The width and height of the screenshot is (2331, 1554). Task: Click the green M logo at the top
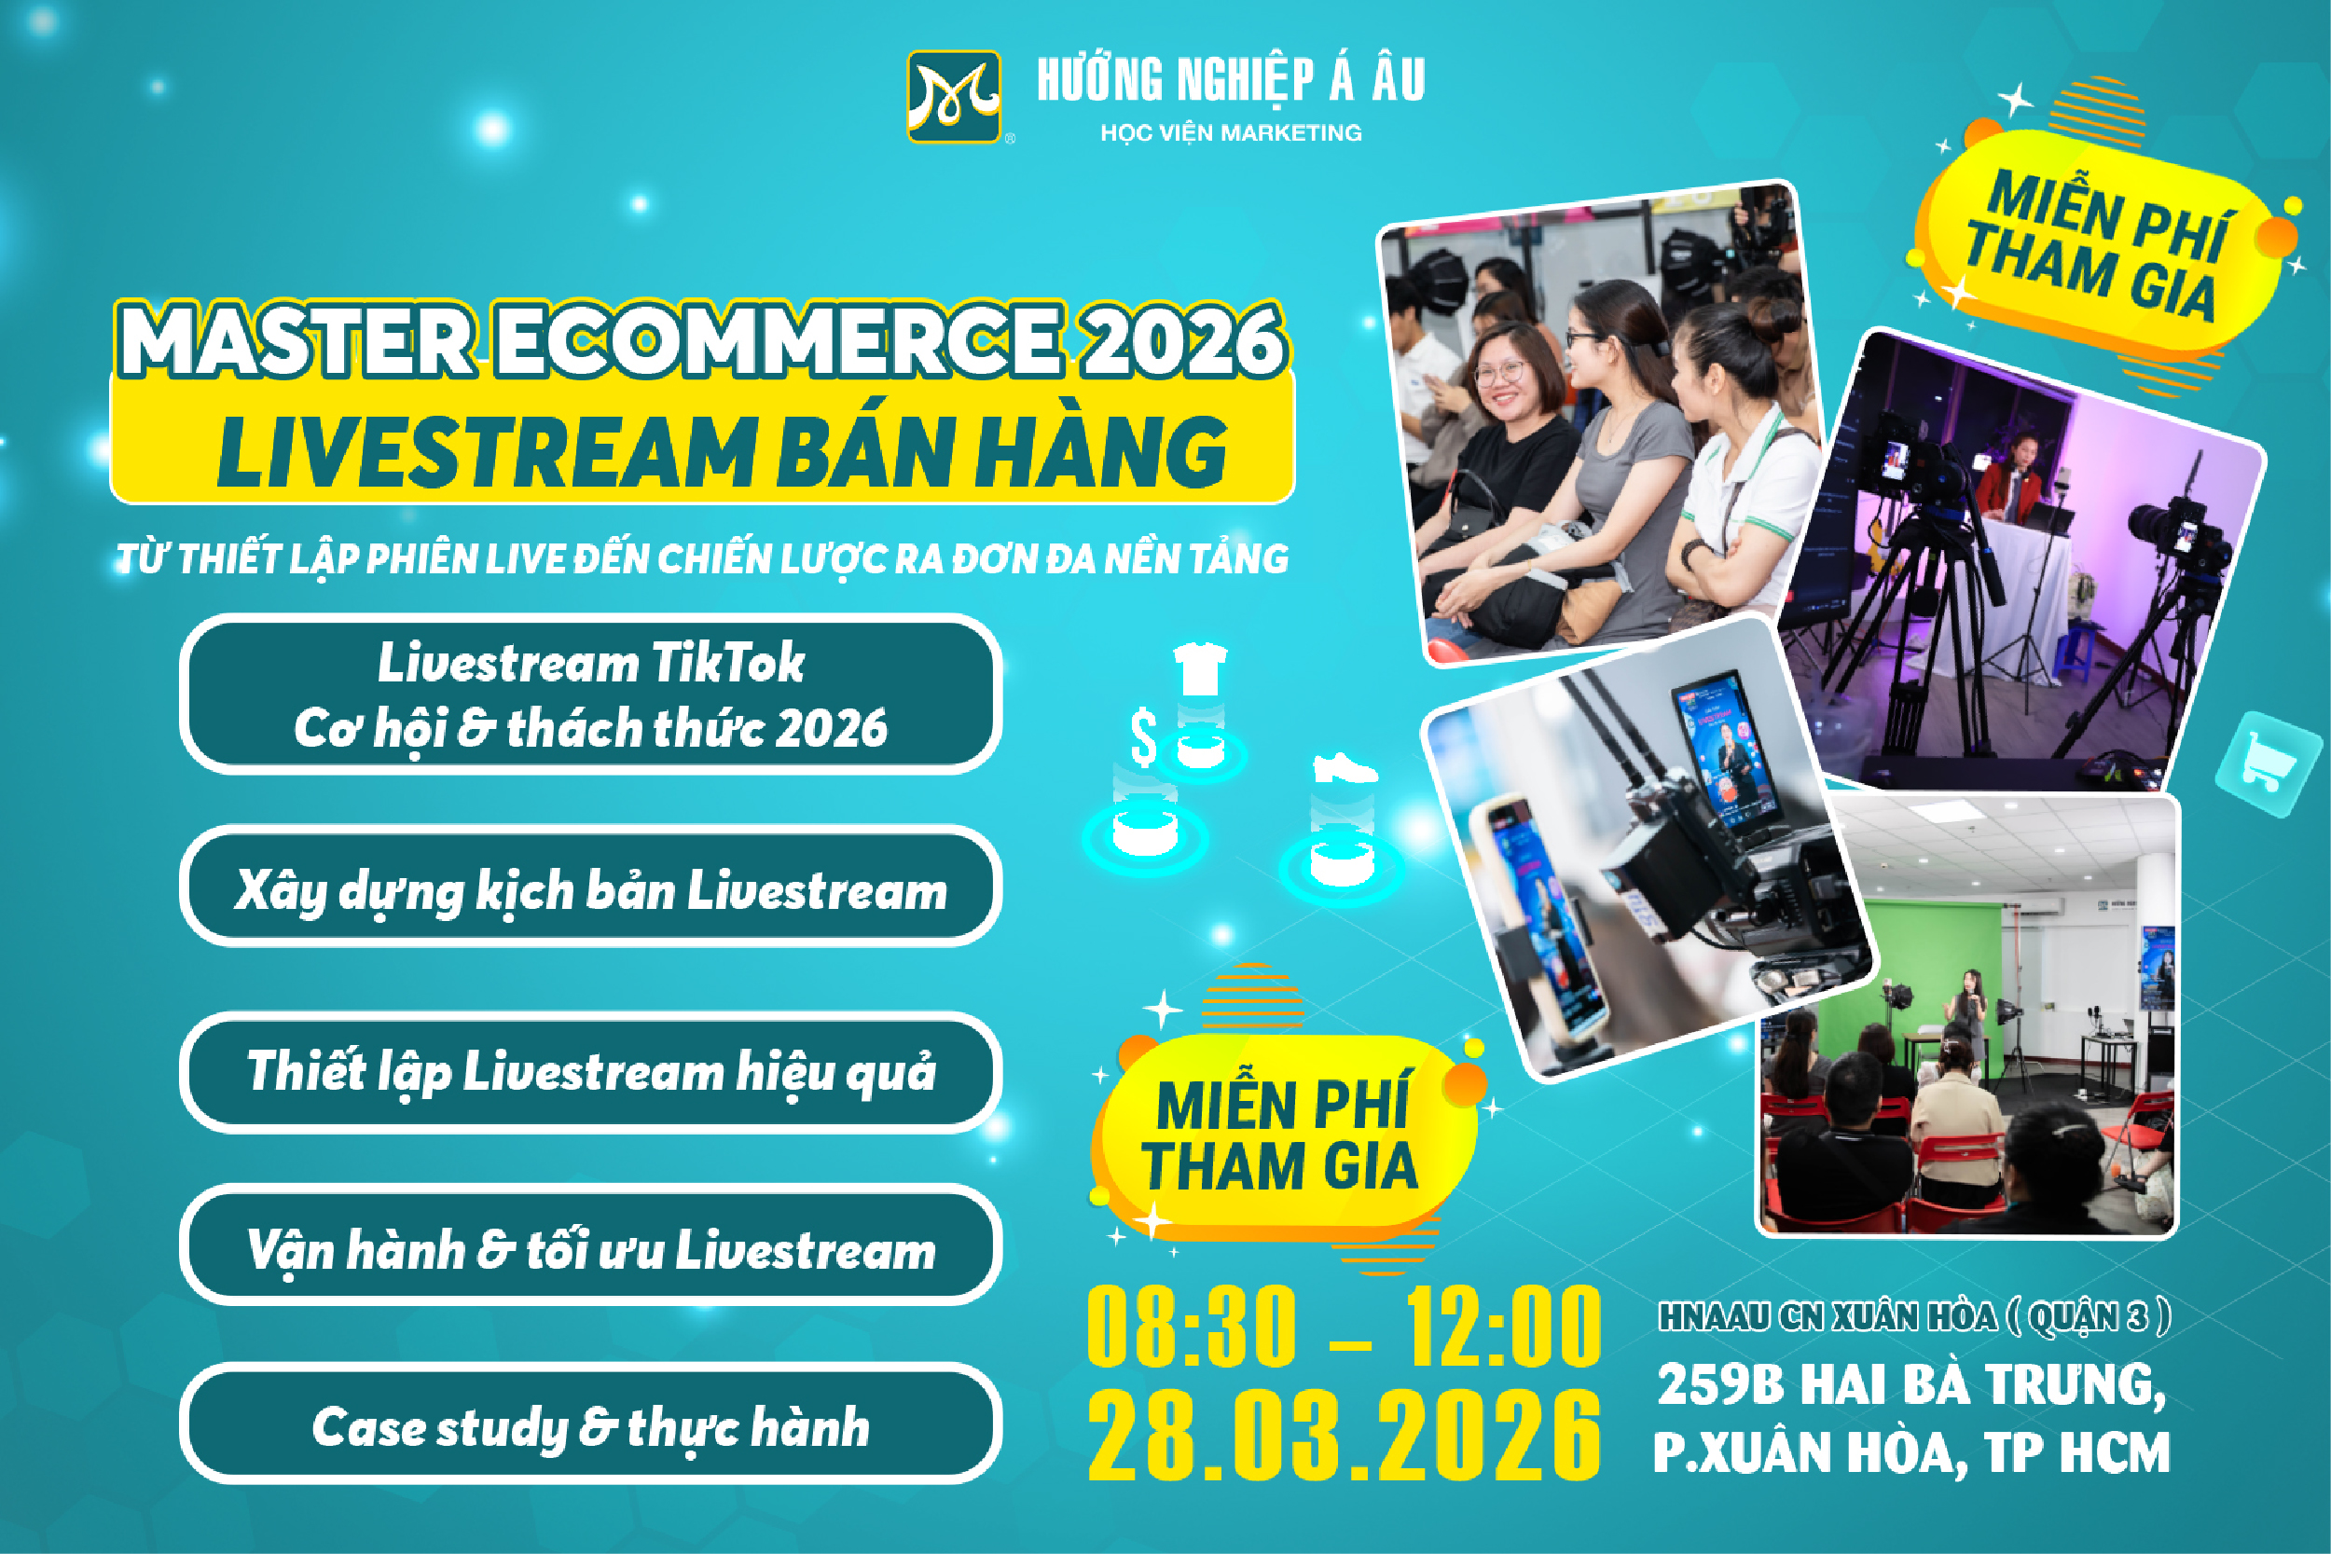tap(954, 97)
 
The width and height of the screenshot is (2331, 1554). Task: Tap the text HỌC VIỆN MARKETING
tap(1231, 132)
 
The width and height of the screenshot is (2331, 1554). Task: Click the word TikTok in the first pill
tap(728, 662)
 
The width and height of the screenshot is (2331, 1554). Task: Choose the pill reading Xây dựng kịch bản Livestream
tap(591, 886)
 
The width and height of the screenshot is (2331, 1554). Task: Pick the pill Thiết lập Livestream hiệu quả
tap(591, 1072)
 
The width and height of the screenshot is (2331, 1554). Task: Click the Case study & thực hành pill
tap(591, 1423)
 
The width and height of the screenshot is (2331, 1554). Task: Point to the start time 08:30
tap(1192, 1326)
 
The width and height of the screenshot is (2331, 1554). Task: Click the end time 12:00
tap(1502, 1326)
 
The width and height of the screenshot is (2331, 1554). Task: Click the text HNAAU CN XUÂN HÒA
tap(1828, 1316)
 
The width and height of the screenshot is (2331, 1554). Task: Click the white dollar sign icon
tap(1144, 737)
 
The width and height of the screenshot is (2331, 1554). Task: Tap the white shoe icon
tap(1344, 768)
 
